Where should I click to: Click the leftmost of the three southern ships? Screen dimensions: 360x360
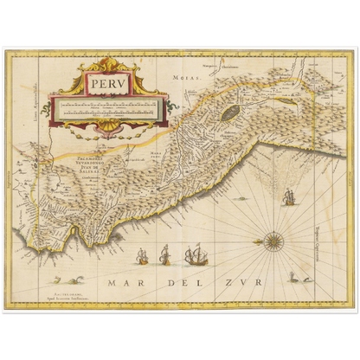coord(142,255)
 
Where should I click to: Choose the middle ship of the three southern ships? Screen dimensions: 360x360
coord(164,254)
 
